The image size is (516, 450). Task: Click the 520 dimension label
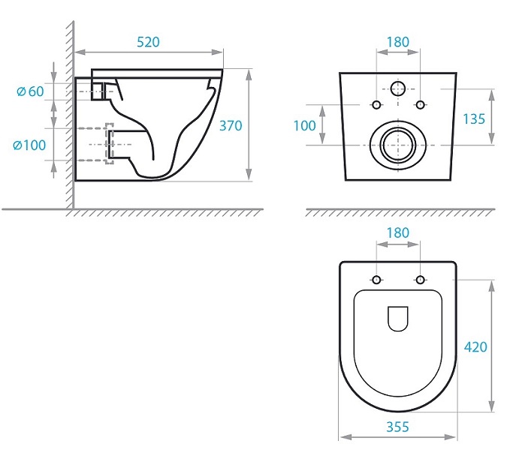pos(148,42)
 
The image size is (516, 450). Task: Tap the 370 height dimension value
pos(231,125)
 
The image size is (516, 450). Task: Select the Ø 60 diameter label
pos(30,91)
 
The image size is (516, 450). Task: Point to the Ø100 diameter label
pos(29,145)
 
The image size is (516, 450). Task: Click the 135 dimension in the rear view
pos(474,119)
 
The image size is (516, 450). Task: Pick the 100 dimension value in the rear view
pos(304,125)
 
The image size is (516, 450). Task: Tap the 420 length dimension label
pos(475,346)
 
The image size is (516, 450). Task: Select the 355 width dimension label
pos(397,427)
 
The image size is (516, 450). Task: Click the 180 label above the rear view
pos(398,42)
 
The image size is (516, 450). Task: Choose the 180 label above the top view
pos(398,232)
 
